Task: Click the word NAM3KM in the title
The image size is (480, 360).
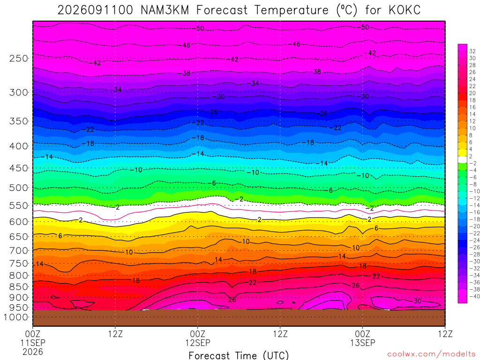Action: (165, 10)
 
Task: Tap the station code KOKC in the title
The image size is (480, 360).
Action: (405, 10)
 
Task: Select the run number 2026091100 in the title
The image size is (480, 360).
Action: (95, 10)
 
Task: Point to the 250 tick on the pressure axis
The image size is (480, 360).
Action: (19, 58)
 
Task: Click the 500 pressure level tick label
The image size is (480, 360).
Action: (19, 187)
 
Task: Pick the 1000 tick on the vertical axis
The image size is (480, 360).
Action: (16, 317)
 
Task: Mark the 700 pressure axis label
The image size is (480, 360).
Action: (19, 251)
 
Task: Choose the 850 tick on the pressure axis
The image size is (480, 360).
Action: (19, 287)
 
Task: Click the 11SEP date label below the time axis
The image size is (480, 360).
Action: (33, 343)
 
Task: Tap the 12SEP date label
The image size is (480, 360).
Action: (198, 343)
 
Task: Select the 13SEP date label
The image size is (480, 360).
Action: (363, 343)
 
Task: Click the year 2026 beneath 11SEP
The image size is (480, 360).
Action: (33, 352)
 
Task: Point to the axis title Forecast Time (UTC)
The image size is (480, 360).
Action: (239, 355)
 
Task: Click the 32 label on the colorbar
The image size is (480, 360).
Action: (472, 51)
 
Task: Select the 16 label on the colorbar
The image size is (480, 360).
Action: (472, 107)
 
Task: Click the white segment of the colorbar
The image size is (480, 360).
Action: (463, 159)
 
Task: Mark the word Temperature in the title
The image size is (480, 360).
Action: (291, 10)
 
